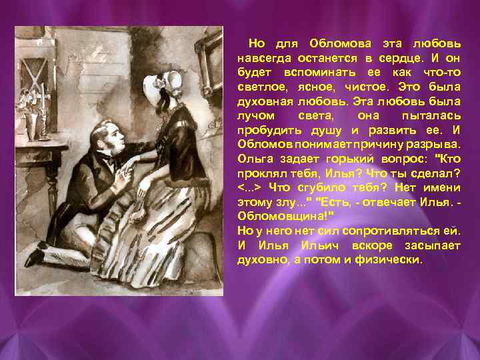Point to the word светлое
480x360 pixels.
[x=263, y=87]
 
